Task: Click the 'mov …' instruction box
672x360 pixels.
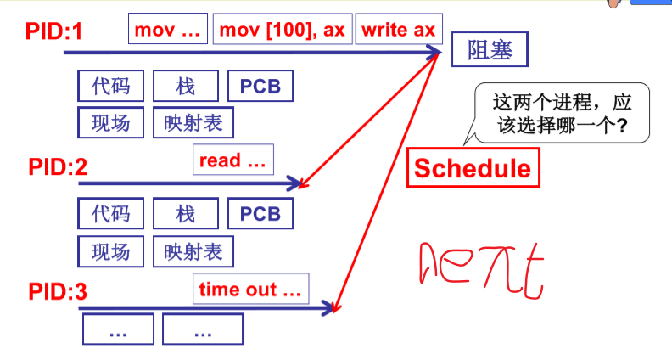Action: tap(168, 31)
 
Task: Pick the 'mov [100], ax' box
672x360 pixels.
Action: tap(282, 31)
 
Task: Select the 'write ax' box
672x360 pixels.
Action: tap(398, 31)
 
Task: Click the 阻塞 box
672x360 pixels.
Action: tap(489, 51)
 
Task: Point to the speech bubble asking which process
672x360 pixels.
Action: tap(559, 114)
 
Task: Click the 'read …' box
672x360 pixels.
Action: tap(232, 160)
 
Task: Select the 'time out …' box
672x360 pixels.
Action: tap(250, 290)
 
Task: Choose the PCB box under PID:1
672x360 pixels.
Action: tap(260, 86)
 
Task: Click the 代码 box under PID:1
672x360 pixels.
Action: tap(110, 86)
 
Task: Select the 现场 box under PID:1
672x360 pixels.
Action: tap(110, 123)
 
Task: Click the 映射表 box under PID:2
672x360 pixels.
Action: tap(193, 251)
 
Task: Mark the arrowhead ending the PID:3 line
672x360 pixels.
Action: tap(331, 307)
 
